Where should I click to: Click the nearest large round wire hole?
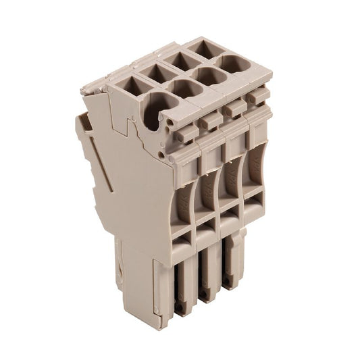tap(157, 107)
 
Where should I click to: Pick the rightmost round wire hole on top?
tap(235, 64)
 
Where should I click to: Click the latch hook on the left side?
tap(84, 124)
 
